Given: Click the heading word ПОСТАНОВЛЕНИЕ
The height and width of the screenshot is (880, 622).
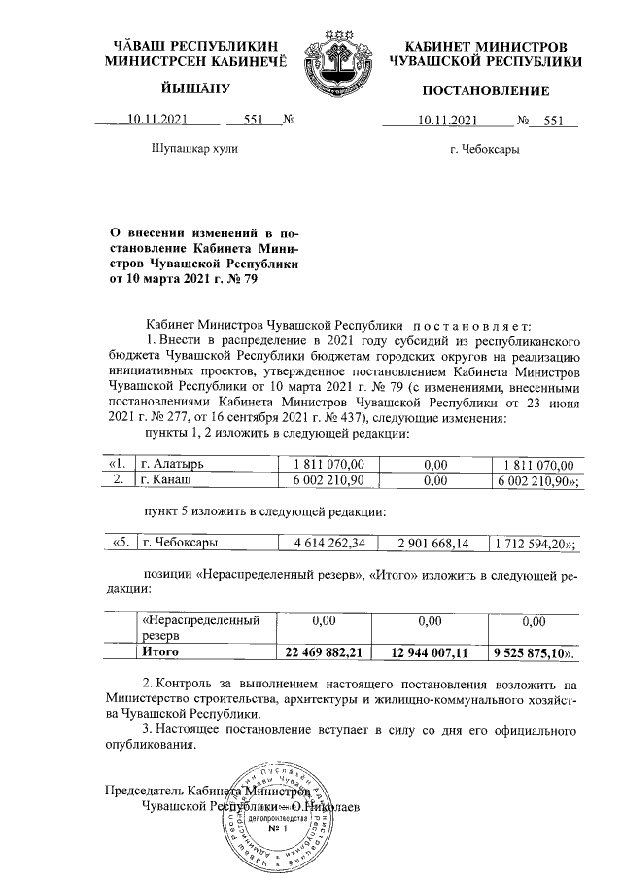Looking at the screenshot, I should pyautogui.click(x=485, y=91).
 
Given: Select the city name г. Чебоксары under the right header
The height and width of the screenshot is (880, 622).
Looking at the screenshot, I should pyautogui.click(x=485, y=150).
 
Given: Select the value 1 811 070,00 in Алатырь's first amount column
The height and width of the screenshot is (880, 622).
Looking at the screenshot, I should pyautogui.click(x=321, y=465).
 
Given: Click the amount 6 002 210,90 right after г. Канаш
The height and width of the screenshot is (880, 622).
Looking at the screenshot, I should pyautogui.click(x=321, y=480).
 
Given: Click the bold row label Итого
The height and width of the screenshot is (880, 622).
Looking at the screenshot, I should pyautogui.click(x=161, y=651).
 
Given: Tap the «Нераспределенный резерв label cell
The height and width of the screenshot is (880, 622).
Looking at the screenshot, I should pyautogui.click(x=200, y=627).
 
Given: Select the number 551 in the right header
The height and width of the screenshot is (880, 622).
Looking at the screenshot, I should pyautogui.click(x=554, y=122).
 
